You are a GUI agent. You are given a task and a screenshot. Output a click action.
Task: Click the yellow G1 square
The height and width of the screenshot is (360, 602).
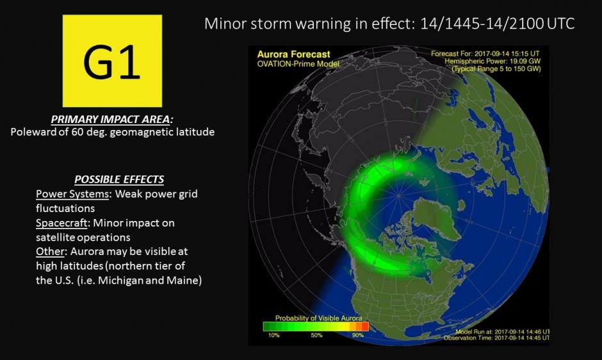(x=112, y=61)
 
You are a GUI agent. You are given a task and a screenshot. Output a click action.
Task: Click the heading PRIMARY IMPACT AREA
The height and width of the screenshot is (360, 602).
(x=113, y=120)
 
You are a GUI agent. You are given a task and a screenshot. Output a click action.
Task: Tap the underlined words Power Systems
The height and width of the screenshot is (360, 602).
(x=72, y=193)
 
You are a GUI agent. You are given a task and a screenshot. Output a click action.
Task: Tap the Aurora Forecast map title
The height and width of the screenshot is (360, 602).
(x=293, y=55)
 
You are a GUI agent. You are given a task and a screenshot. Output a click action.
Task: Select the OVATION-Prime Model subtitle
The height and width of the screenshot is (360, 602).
(x=298, y=63)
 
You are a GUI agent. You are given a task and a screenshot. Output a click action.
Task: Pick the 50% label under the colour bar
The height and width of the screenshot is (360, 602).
(x=316, y=334)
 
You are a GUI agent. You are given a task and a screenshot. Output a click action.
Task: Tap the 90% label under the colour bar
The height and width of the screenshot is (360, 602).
(x=357, y=334)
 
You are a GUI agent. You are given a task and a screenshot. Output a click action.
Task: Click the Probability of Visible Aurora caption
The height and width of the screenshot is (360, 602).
(x=318, y=318)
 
